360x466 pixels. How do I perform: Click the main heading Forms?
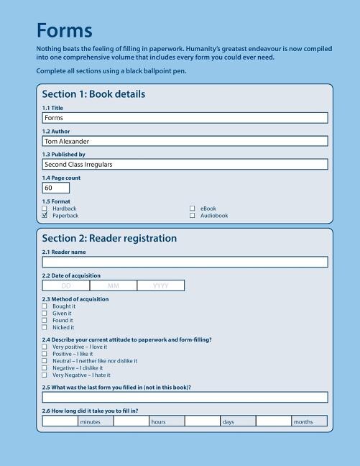click(x=64, y=31)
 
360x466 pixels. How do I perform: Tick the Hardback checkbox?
click(x=45, y=209)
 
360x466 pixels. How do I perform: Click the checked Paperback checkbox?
click(x=45, y=216)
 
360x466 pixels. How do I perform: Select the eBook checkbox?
click(x=192, y=209)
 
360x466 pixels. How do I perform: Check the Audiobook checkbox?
click(x=192, y=216)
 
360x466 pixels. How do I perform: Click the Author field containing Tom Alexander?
click(x=185, y=142)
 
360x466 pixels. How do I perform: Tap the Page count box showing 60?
click(x=56, y=188)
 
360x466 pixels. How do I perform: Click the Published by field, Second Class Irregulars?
click(x=185, y=165)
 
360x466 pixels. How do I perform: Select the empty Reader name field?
click(x=185, y=262)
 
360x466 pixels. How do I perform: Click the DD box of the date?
click(x=66, y=285)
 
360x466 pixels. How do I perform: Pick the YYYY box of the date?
click(x=161, y=285)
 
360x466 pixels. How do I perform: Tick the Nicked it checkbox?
click(x=45, y=327)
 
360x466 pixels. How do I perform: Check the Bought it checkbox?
click(x=45, y=306)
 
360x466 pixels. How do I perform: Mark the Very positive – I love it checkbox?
click(x=45, y=347)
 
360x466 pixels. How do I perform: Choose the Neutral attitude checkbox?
click(x=45, y=361)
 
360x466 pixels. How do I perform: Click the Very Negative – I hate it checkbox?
click(x=45, y=375)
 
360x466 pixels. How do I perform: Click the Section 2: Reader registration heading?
click(x=109, y=239)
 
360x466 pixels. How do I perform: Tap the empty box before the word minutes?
click(x=60, y=421)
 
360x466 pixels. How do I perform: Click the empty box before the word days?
click(x=202, y=421)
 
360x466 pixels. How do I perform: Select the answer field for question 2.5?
click(x=185, y=397)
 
